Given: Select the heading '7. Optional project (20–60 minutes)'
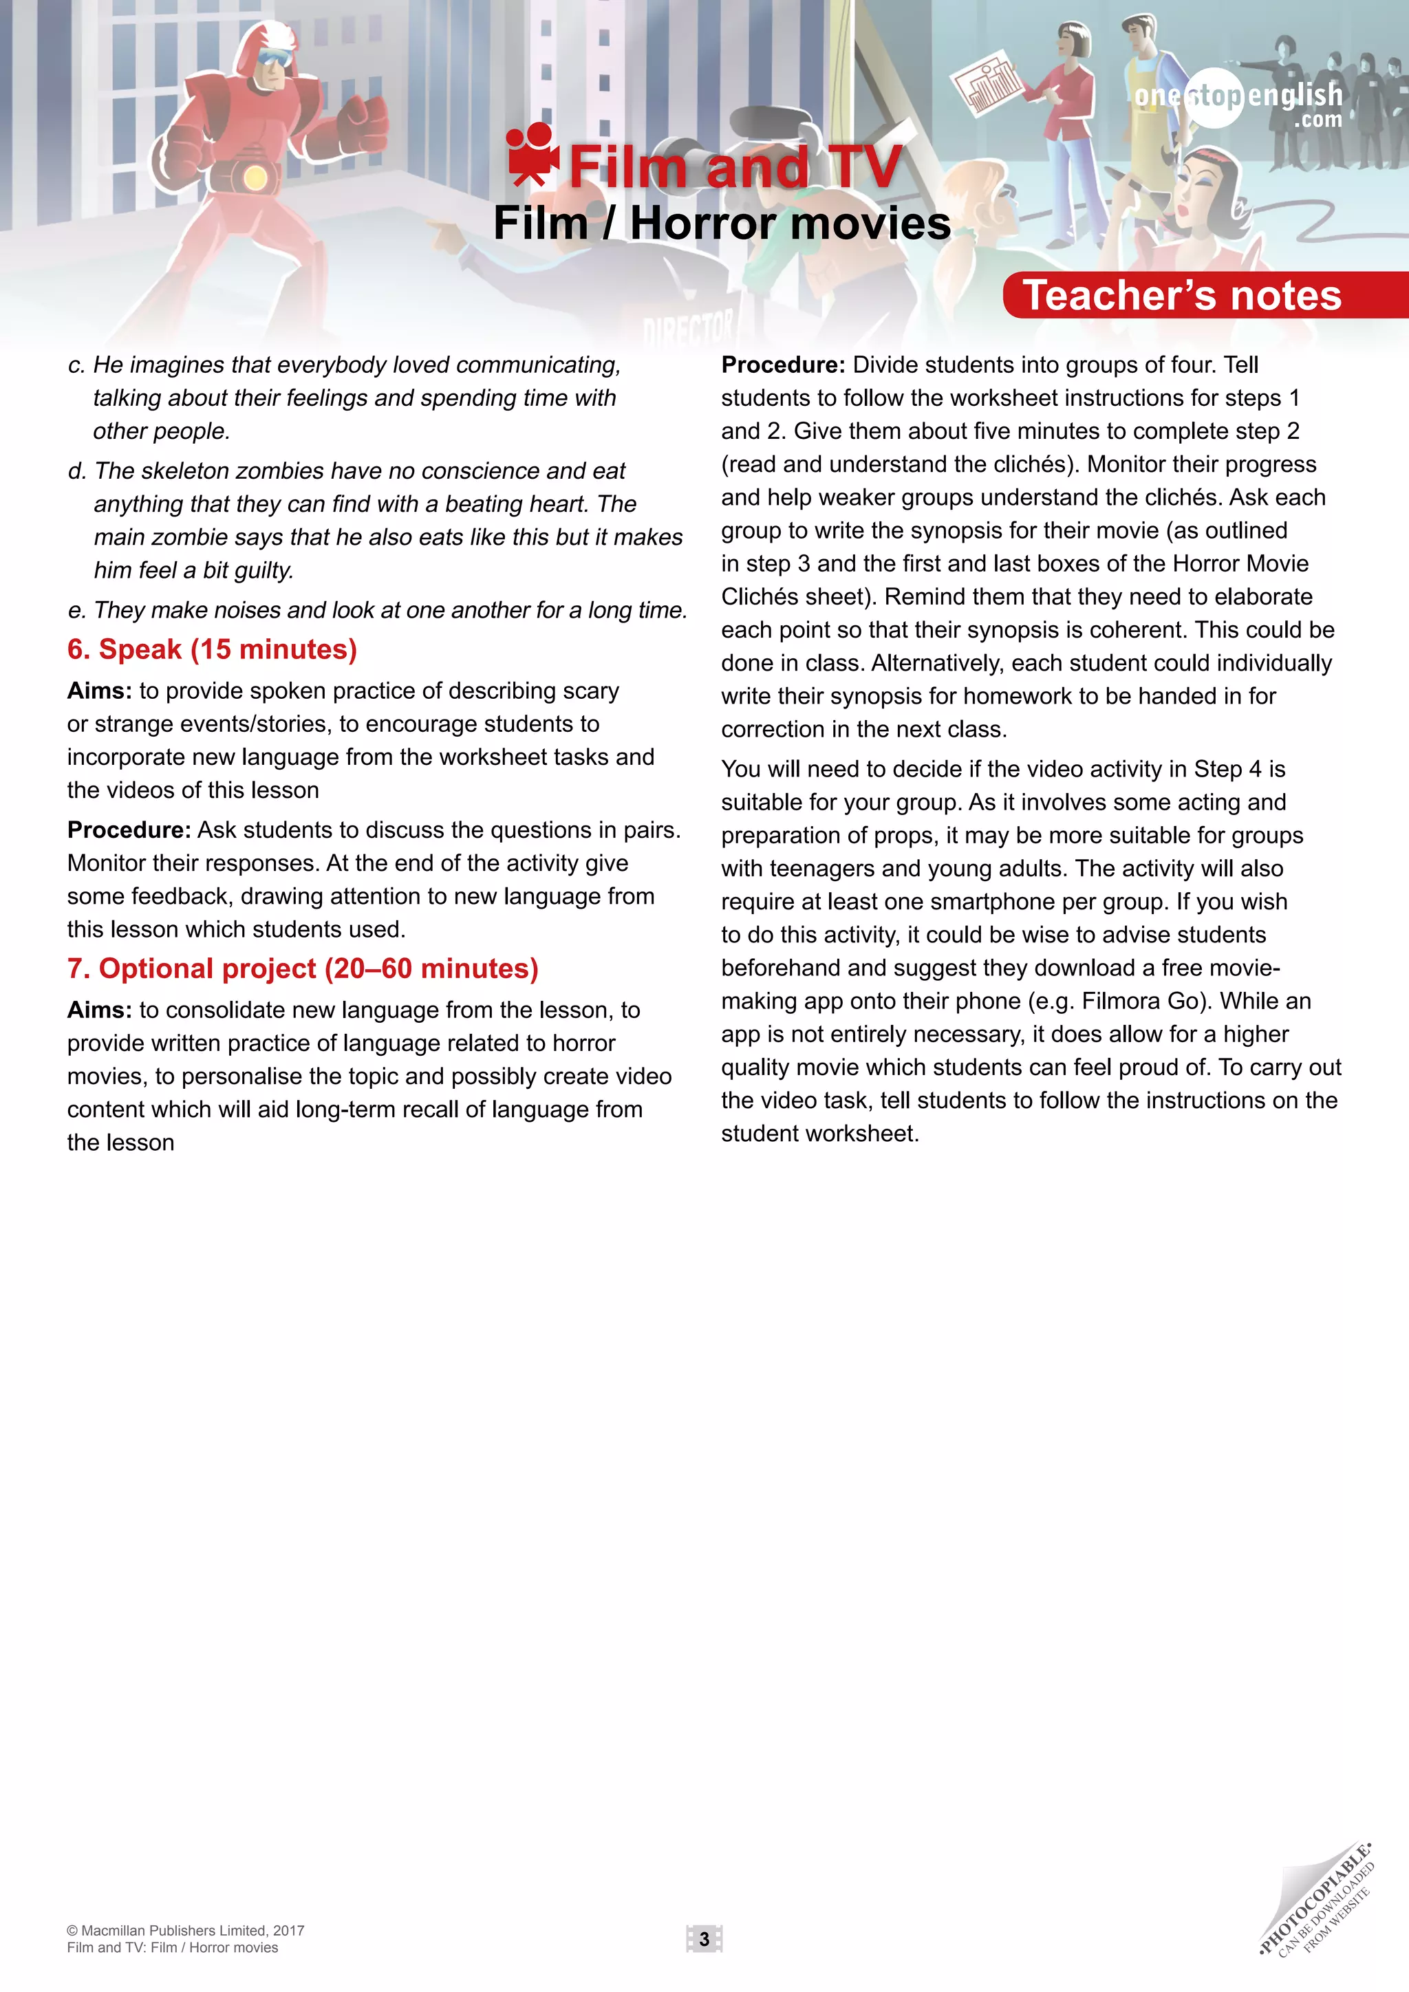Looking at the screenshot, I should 303,968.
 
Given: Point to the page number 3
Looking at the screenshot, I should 704,1938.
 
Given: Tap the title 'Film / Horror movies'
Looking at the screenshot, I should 721,224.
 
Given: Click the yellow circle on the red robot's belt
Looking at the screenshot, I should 254,179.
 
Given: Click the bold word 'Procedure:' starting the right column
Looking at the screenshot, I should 782,365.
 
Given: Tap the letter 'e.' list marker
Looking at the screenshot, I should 77,611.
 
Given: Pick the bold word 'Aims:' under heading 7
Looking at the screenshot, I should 100,1010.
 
